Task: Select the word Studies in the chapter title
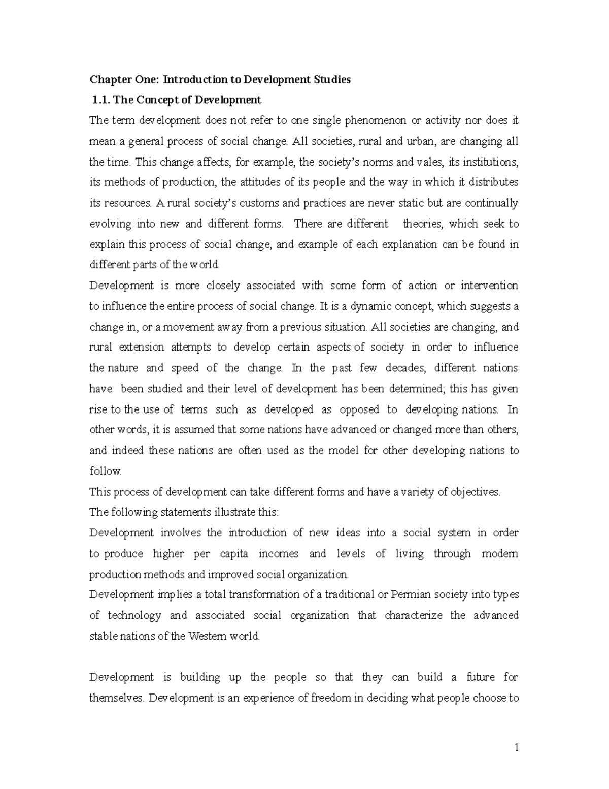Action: pyautogui.click(x=331, y=80)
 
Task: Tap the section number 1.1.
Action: pyautogui.click(x=102, y=100)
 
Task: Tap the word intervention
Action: pyautogui.click(x=489, y=286)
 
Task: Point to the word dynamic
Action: pyautogui.click(x=375, y=306)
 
